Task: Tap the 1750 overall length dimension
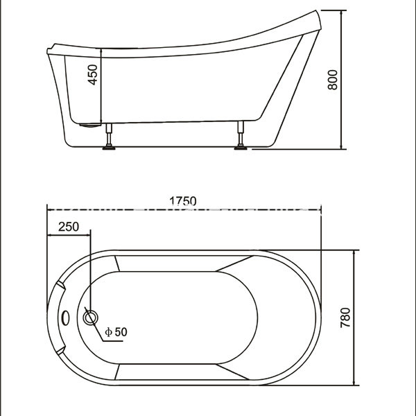[183, 200]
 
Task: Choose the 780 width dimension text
[346, 318]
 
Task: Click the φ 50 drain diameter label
[116, 332]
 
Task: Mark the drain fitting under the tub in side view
[87, 125]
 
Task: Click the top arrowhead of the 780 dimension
[356, 253]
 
